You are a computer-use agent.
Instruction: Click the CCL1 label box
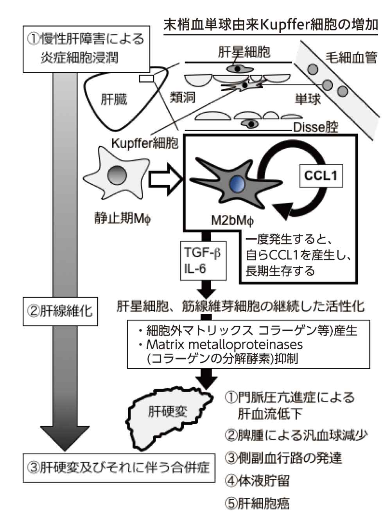[x=321, y=175]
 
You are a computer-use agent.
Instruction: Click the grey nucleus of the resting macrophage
[x=116, y=175]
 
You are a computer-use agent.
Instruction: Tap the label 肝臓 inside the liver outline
[x=114, y=99]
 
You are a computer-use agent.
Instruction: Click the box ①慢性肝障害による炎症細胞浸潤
[x=86, y=49]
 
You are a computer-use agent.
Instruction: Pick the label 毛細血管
[x=351, y=58]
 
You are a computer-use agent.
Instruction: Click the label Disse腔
[x=315, y=127]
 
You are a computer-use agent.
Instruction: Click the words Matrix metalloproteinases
[x=224, y=345]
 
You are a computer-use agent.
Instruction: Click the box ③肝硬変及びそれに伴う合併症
[x=119, y=467]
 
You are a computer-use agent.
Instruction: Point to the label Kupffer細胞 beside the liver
[x=145, y=143]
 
